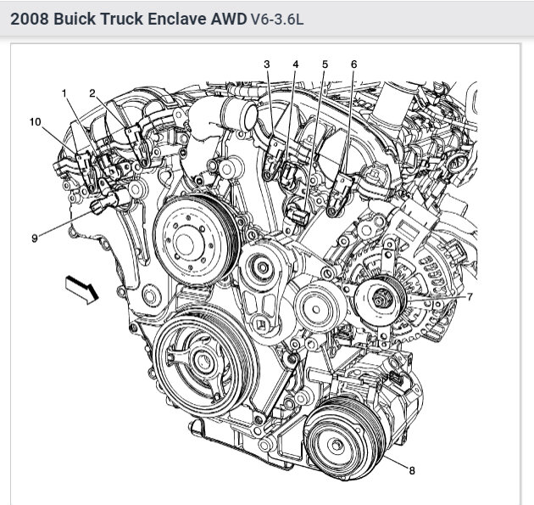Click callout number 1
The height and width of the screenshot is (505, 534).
click(x=63, y=92)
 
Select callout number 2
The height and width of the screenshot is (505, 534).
click(x=92, y=92)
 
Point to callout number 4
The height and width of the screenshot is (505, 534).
click(x=296, y=65)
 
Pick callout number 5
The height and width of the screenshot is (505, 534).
click(x=324, y=65)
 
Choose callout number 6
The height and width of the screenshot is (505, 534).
click(x=353, y=65)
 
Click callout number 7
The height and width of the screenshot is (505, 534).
click(x=470, y=297)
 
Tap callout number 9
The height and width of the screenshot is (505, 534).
click(x=35, y=238)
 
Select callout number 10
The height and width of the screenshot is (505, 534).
click(x=35, y=122)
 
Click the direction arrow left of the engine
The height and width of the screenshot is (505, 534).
click(x=81, y=289)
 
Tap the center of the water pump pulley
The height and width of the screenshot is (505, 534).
click(x=194, y=231)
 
